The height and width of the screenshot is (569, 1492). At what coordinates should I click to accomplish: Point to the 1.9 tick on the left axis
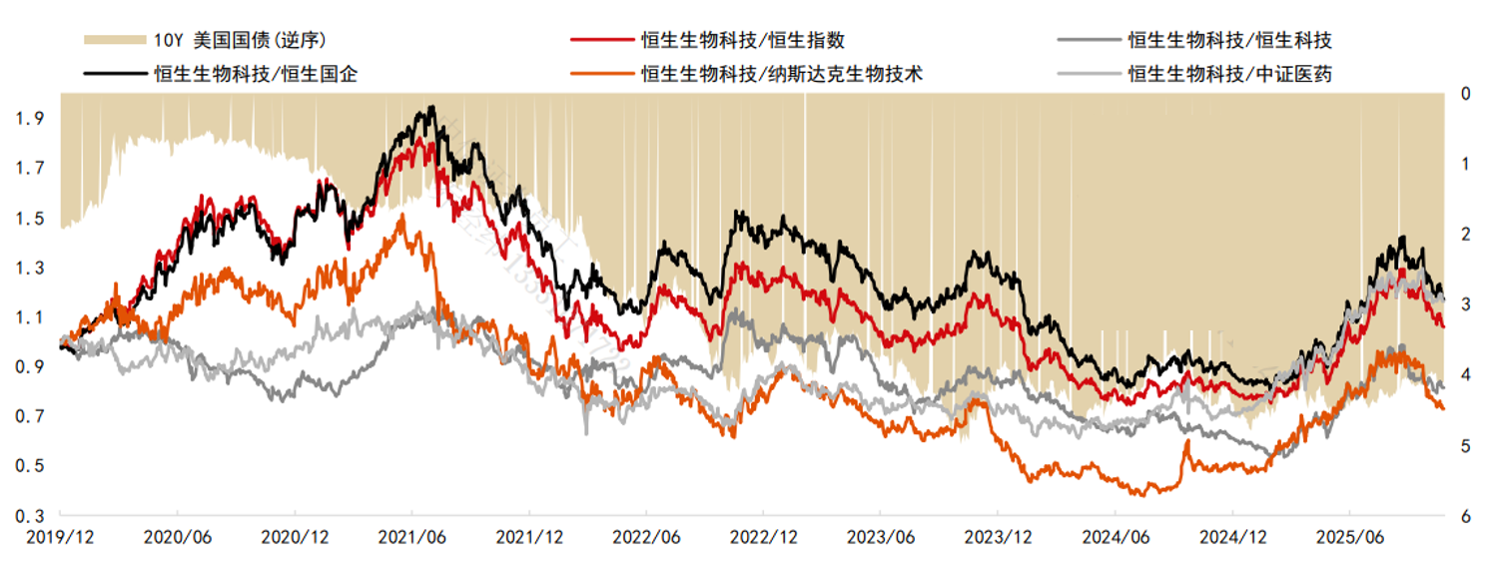point(29,119)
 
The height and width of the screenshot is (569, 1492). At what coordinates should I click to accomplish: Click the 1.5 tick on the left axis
point(29,219)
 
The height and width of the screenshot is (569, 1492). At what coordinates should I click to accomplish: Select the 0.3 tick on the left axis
point(29,516)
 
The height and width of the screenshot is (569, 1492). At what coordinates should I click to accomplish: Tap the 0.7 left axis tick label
point(29,416)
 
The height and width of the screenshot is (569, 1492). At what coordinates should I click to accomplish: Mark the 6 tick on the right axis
point(1465,516)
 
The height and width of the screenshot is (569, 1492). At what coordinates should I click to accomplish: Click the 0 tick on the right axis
point(1465,94)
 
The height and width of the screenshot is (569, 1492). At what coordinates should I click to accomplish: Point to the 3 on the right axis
point(1465,304)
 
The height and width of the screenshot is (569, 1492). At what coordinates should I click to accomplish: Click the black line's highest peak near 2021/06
point(430,107)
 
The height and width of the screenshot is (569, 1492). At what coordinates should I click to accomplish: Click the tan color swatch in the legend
point(112,41)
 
